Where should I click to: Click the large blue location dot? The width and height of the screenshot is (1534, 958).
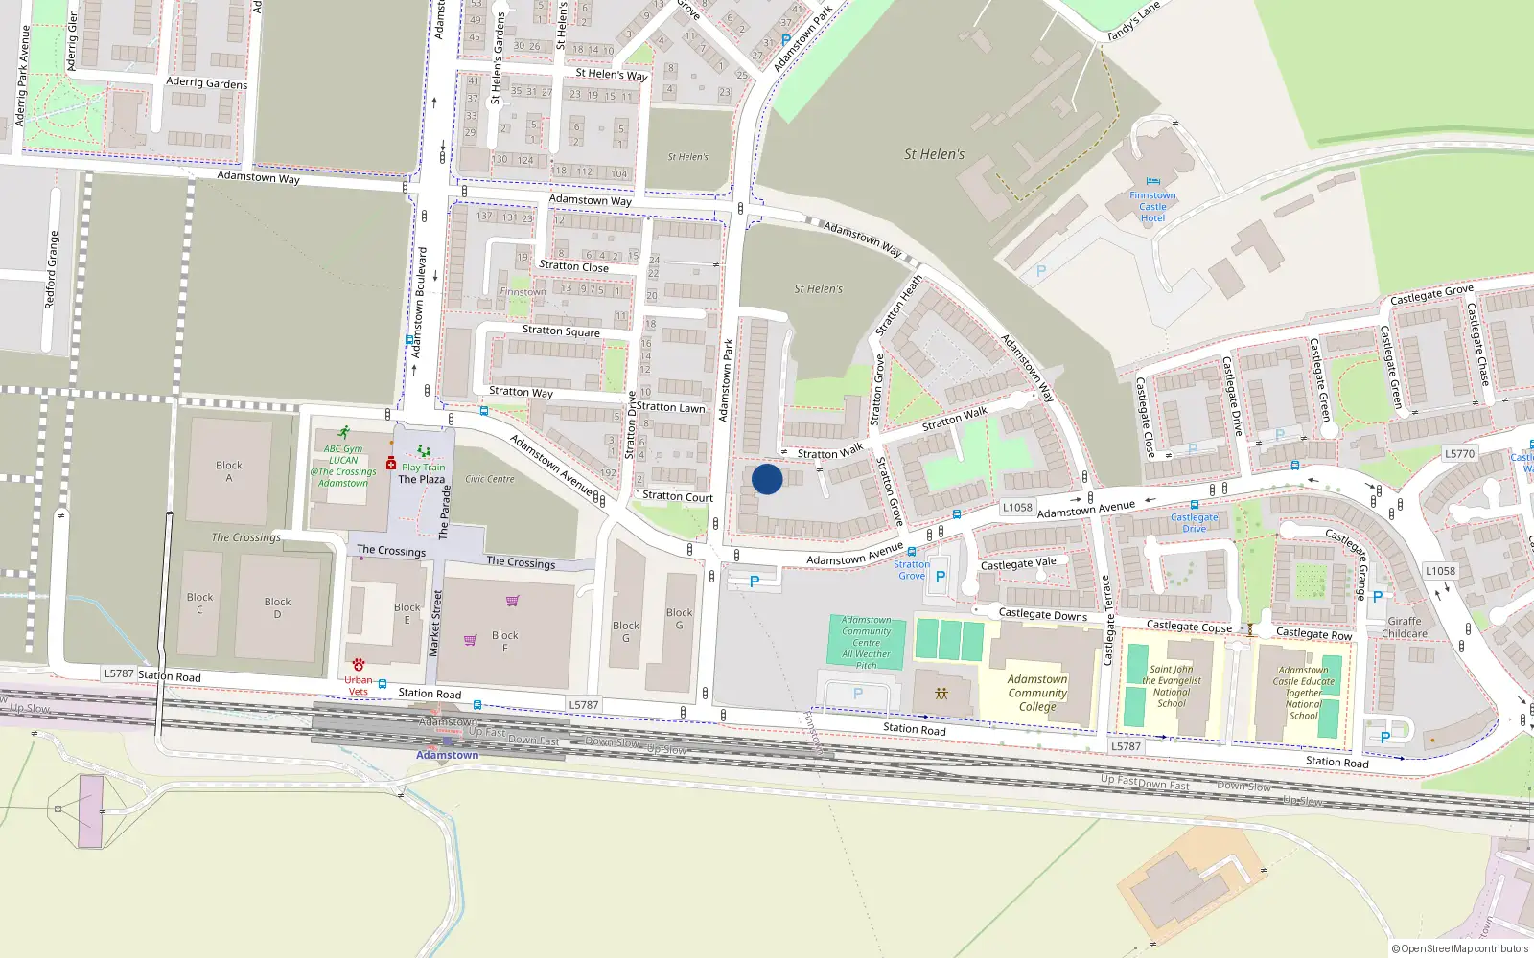pyautogui.click(x=767, y=479)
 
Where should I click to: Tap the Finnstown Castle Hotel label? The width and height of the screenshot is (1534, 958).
pyautogui.click(x=1152, y=206)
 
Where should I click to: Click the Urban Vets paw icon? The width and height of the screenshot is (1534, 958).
pyautogui.click(x=359, y=664)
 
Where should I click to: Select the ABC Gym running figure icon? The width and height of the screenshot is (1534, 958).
pyautogui.click(x=343, y=433)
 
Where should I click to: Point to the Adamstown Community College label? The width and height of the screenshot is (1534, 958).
pyautogui.click(x=1037, y=693)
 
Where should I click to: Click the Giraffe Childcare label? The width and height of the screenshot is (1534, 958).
pyautogui.click(x=1405, y=627)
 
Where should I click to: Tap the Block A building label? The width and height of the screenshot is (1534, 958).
pyautogui.click(x=229, y=470)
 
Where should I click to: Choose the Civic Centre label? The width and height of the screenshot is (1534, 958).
pyautogui.click(x=490, y=479)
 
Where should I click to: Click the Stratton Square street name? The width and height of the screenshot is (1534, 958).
pyautogui.click(x=561, y=331)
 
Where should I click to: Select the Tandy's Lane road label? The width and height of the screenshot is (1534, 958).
pyautogui.click(x=1133, y=22)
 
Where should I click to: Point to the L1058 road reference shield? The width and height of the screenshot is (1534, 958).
pyautogui.click(x=1017, y=508)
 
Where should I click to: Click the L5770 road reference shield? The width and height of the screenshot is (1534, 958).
pyautogui.click(x=1459, y=454)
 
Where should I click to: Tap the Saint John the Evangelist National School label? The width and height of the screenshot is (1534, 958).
pyautogui.click(x=1172, y=686)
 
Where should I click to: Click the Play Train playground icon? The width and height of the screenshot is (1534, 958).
pyautogui.click(x=423, y=451)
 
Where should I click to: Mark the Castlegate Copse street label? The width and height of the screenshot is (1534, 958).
pyautogui.click(x=1189, y=627)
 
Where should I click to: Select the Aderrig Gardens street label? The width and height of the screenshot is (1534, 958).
pyautogui.click(x=206, y=83)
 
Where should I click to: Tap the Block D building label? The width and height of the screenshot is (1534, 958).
pyautogui.click(x=277, y=607)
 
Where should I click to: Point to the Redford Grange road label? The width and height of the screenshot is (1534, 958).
pyautogui.click(x=52, y=269)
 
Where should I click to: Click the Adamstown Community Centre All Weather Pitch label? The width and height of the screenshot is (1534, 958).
pyautogui.click(x=867, y=642)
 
